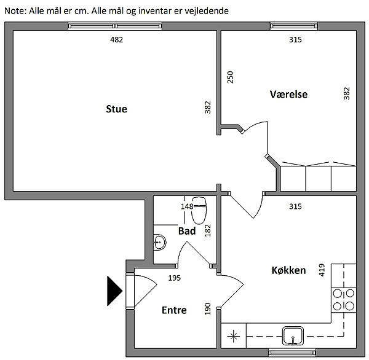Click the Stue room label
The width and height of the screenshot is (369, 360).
116,109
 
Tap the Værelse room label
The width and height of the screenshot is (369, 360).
288,94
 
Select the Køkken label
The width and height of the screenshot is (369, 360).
289,270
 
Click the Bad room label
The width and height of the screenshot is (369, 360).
187,231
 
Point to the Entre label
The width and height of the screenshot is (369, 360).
174,310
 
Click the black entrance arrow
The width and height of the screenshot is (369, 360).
114,291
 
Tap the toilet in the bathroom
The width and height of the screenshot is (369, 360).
199,210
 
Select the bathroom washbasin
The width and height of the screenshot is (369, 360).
160,242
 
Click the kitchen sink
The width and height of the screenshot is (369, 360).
293,335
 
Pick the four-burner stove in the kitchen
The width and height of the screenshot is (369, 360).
344,300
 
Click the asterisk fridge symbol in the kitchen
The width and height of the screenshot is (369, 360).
234,336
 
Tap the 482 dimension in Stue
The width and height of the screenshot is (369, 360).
116,39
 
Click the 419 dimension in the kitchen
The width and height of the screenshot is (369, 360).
322,270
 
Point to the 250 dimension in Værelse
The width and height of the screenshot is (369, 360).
230,77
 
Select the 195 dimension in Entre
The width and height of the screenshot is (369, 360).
175,278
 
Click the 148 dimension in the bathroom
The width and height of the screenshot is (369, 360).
187,206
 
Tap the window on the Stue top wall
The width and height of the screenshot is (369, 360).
115,26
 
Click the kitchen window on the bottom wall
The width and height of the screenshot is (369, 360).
292,353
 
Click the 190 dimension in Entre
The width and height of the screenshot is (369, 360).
207,309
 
